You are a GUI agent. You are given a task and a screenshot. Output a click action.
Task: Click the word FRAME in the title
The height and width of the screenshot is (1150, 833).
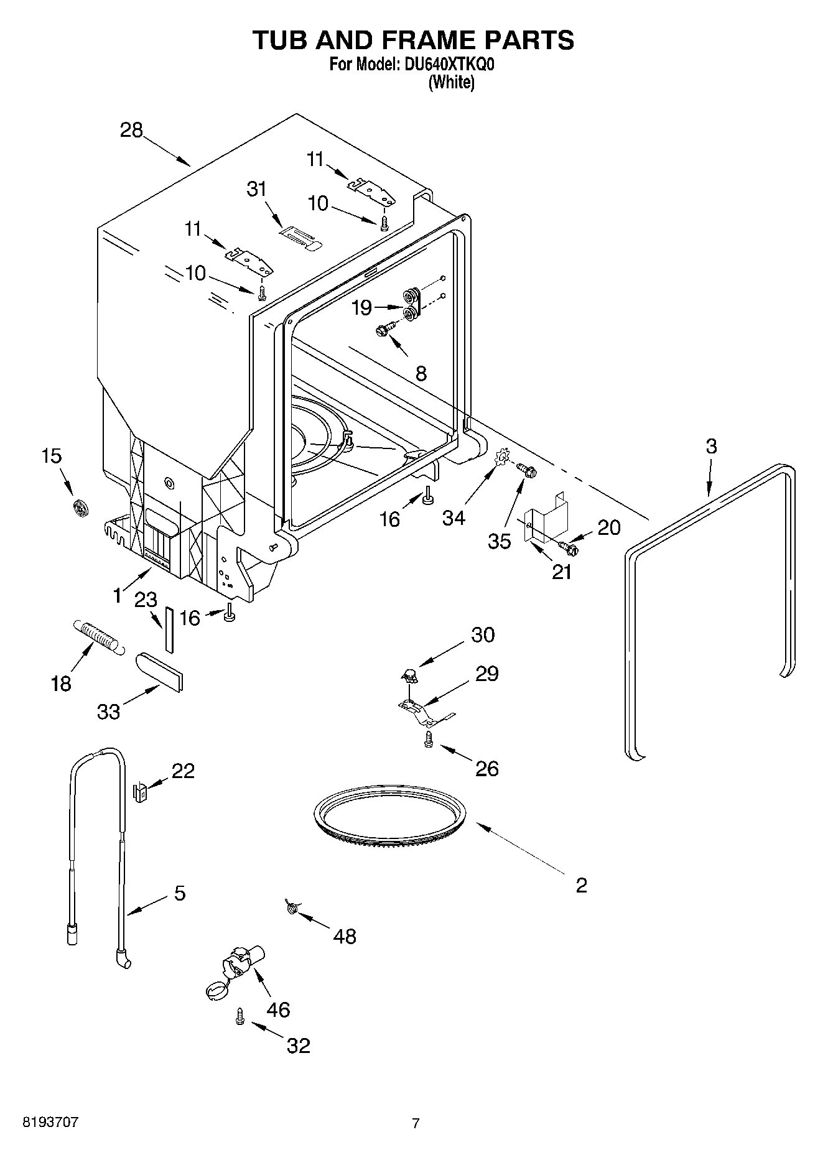point(412,40)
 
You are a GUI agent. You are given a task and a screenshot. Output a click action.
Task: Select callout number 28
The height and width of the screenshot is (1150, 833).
point(132,130)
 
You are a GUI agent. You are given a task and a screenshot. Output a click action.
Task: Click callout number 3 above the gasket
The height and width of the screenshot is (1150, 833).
point(711,446)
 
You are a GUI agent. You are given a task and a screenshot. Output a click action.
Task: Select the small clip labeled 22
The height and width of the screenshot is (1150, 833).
point(140,792)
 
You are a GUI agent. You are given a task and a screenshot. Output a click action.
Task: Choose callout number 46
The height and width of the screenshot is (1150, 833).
point(278,1009)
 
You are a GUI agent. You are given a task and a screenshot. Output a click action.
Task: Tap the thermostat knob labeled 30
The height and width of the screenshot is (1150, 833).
point(409,674)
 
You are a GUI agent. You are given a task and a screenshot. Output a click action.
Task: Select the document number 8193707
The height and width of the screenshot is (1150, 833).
point(50,1123)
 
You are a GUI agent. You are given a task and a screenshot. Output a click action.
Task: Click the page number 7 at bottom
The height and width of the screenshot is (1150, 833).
point(416,1123)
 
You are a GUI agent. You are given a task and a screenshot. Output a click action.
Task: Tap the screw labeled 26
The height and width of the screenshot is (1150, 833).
point(428,739)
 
